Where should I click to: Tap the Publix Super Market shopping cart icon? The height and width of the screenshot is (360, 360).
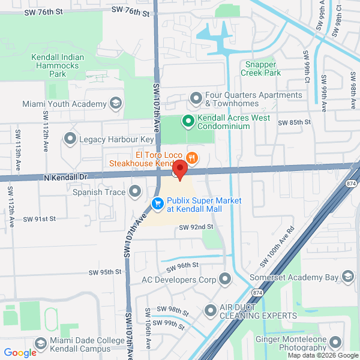[x=158, y=205]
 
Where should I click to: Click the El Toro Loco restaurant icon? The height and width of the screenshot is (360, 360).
[x=192, y=158]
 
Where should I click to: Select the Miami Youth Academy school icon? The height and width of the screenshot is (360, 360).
[x=116, y=103]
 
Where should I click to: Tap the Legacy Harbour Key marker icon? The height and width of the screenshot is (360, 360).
[x=70, y=139]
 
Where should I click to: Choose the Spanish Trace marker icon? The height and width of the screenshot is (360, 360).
[x=136, y=192]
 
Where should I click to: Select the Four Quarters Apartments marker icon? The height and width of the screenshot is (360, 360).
[x=196, y=98]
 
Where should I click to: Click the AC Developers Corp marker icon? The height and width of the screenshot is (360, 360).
[x=225, y=279]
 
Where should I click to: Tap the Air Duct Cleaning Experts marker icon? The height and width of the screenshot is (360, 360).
[x=210, y=310]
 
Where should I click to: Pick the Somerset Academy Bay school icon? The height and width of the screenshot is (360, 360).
[x=347, y=275]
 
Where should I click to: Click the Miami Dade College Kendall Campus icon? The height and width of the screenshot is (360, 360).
[x=41, y=344]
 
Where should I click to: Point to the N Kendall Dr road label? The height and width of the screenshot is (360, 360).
[x=65, y=178]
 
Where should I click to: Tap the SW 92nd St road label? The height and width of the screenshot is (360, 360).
[x=196, y=227]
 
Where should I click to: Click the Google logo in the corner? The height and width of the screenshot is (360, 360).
[x=20, y=352]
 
